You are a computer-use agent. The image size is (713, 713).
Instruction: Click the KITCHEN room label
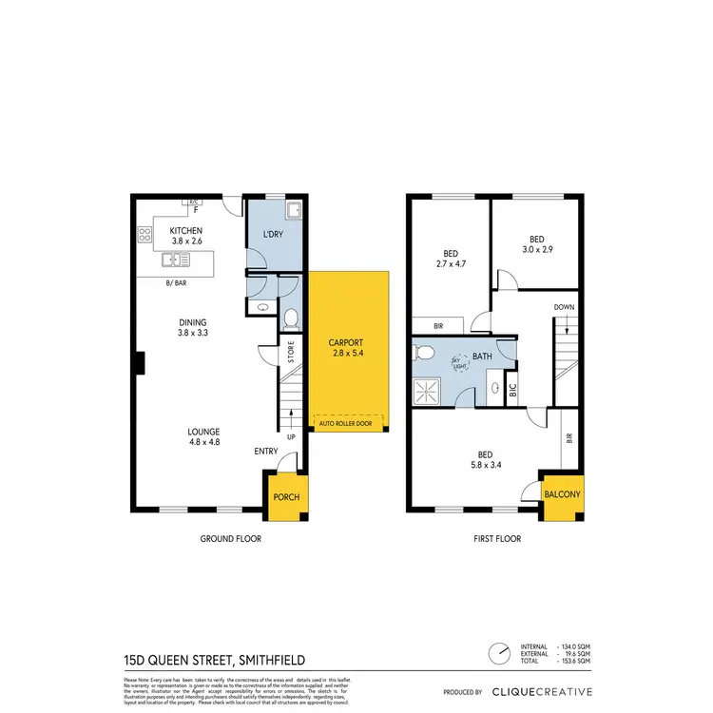[186, 231]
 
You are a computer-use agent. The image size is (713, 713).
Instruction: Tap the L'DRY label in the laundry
[274, 235]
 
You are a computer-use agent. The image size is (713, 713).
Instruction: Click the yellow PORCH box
[286, 497]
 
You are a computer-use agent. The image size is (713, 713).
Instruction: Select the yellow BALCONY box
[563, 495]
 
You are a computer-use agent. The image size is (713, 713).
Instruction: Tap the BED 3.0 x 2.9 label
[536, 243]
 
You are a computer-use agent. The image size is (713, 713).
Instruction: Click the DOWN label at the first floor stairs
[564, 307]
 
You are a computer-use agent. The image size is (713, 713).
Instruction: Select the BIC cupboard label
[513, 390]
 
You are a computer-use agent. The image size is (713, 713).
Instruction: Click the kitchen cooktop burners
[145, 233]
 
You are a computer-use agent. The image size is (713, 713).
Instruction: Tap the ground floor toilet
[292, 317]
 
